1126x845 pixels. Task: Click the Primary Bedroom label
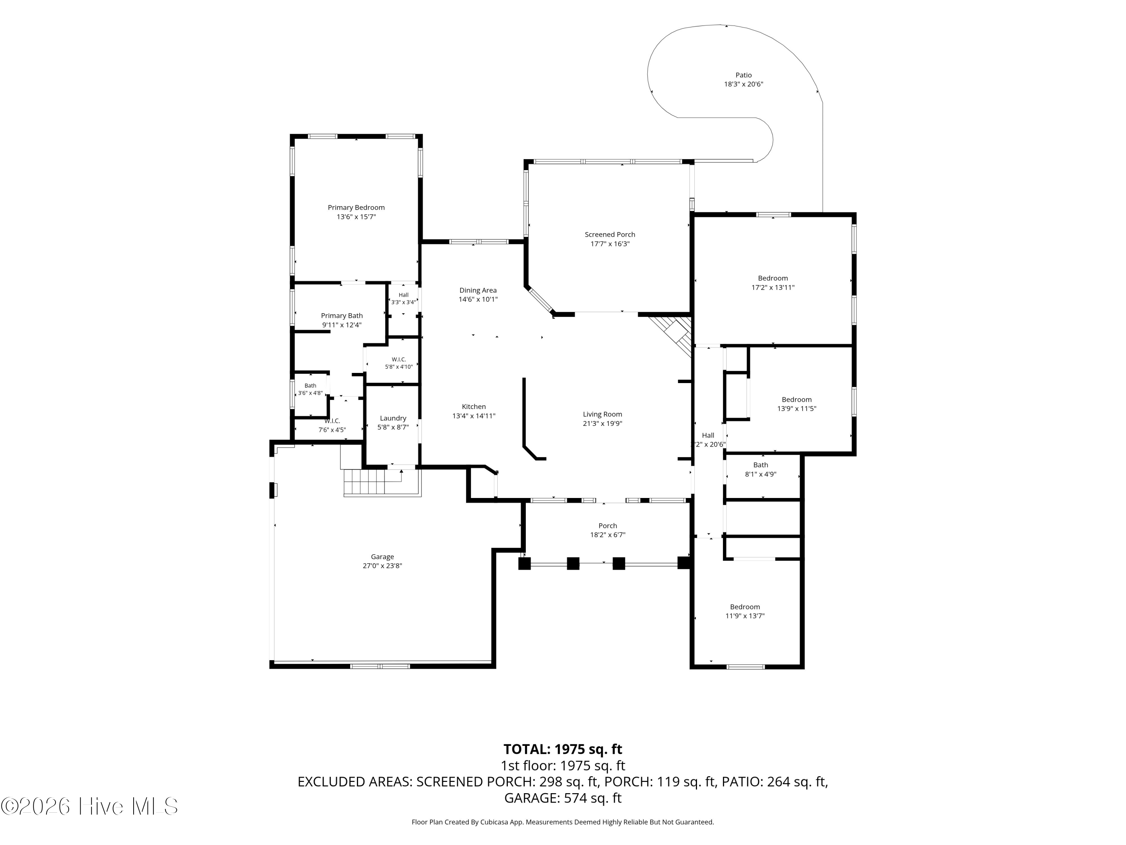(356, 207)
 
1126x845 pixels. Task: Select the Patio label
(743, 75)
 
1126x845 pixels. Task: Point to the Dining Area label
(478, 290)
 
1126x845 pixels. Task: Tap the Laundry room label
(393, 418)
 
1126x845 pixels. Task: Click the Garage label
(382, 557)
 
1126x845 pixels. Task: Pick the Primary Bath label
(342, 316)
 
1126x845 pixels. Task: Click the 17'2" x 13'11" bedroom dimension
(773, 287)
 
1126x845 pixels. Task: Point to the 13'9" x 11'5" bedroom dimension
(797, 409)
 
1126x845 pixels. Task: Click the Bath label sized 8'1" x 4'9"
(760, 465)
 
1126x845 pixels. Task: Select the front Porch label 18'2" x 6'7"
(608, 526)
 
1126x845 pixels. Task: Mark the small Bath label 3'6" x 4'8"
(310, 386)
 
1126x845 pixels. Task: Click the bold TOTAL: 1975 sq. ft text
(563, 749)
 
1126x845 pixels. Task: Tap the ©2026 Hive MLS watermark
(90, 806)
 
